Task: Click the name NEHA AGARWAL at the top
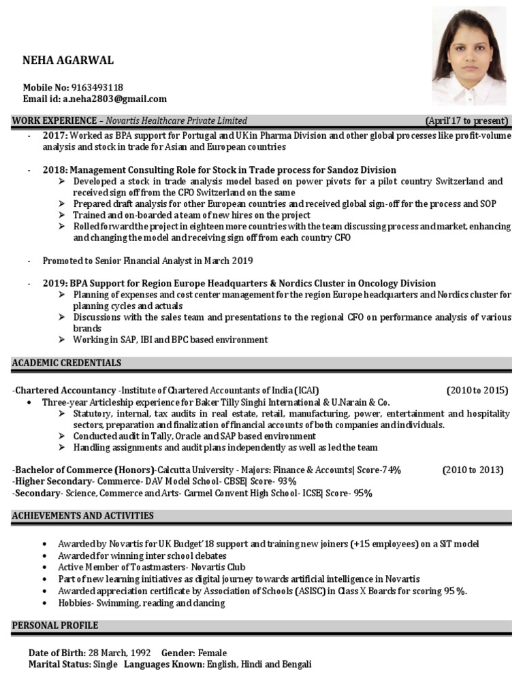(68, 61)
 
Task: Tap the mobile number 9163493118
(97, 87)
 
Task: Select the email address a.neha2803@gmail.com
(115, 99)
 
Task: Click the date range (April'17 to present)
(466, 121)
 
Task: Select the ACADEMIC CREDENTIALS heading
(66, 363)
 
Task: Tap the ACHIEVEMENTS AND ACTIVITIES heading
(82, 515)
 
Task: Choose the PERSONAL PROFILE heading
(54, 625)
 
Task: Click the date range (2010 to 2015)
(477, 391)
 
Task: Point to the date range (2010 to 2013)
(473, 470)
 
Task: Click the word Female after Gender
(212, 653)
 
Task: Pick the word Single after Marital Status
(105, 664)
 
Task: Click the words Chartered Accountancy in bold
(65, 391)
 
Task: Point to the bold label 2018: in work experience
(55, 169)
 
